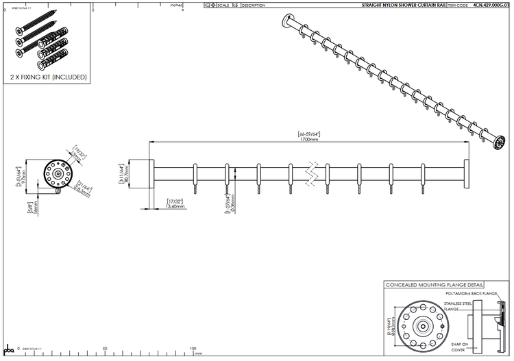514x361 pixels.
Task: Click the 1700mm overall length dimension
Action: pos(309,139)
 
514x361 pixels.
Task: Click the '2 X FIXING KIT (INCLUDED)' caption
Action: pos(48,77)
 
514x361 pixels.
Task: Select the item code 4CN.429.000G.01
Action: pos(491,5)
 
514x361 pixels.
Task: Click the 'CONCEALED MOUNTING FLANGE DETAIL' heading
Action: pos(435,285)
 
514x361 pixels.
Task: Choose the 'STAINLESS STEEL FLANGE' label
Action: pos(457,306)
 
